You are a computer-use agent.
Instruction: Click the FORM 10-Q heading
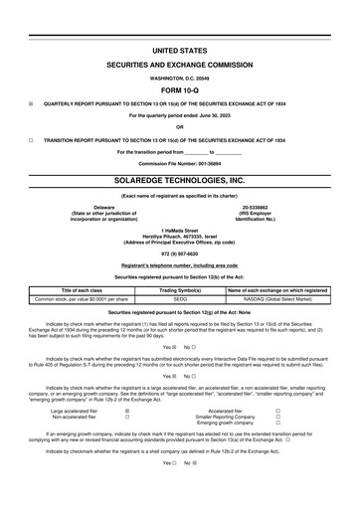click(x=180, y=87)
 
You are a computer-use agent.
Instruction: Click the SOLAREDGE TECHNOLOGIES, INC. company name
click(x=180, y=182)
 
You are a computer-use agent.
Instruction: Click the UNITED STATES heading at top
click(x=180, y=48)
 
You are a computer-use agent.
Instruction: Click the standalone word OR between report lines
click(x=180, y=127)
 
